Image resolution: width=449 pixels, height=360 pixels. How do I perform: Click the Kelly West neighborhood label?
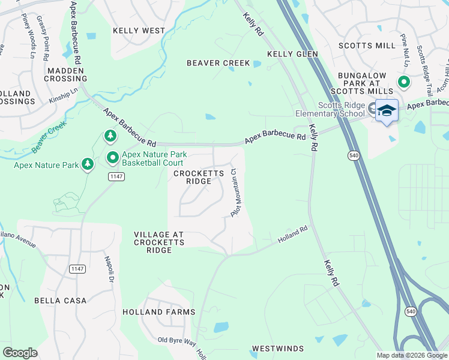click(139, 31)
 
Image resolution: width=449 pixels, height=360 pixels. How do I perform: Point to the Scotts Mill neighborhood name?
click(367, 46)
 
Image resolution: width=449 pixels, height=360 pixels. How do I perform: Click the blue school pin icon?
click(387, 110)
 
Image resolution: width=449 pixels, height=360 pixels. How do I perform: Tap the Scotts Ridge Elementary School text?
click(341, 109)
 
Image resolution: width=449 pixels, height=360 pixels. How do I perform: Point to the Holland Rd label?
click(293, 235)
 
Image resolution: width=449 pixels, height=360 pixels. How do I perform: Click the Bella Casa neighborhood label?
click(60, 301)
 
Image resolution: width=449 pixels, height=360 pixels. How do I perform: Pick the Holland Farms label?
click(159, 312)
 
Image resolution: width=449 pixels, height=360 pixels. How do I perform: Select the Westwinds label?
click(277, 349)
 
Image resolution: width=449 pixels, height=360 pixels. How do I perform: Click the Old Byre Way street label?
click(176, 341)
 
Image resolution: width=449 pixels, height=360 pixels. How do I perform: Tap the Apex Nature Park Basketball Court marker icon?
click(112, 158)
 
